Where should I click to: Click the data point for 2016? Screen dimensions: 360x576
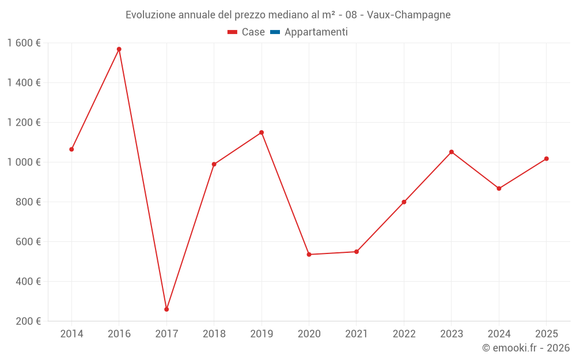click(119, 49)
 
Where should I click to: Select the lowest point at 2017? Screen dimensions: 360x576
click(166, 309)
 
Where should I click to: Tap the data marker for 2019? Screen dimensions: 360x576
click(262, 132)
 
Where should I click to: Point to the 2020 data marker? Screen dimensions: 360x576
click(309, 254)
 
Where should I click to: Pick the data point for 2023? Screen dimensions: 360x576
click(452, 152)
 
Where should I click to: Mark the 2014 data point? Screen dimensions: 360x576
click(71, 149)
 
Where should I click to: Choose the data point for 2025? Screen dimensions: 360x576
click(546, 159)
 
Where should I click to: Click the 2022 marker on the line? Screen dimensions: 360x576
click(404, 202)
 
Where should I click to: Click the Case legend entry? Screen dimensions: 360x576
click(247, 32)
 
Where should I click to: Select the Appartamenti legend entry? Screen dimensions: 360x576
click(309, 32)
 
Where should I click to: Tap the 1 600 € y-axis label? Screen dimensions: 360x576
click(24, 43)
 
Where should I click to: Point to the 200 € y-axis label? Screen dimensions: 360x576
click(28, 321)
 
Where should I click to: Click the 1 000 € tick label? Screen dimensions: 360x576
click(24, 162)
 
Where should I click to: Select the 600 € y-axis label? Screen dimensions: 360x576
click(28, 242)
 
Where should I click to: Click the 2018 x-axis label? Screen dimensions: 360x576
click(214, 334)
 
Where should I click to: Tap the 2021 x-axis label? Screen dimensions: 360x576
click(357, 334)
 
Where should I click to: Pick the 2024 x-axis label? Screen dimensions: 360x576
click(499, 334)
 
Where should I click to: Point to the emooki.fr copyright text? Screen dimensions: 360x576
click(526, 348)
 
